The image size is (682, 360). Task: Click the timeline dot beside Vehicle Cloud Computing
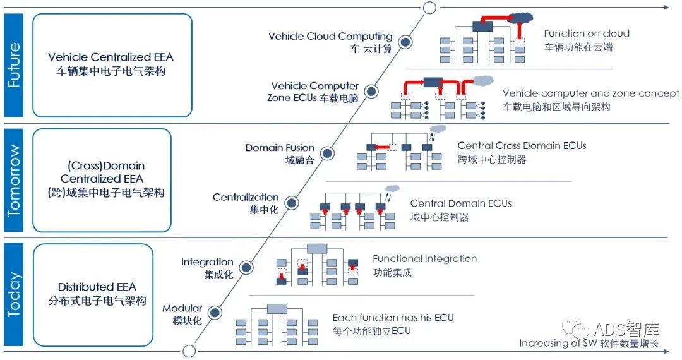click(x=407, y=42)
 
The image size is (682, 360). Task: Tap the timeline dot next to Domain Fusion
click(x=328, y=153)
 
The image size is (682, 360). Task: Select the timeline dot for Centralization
click(x=291, y=203)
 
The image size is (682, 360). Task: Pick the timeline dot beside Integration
click(x=246, y=267)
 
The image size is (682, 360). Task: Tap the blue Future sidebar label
click(x=13, y=65)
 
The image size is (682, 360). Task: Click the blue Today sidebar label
click(x=13, y=294)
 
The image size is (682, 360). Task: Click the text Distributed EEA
click(x=97, y=287)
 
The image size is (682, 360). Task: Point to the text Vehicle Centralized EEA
click(x=111, y=57)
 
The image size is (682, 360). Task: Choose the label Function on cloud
click(x=587, y=33)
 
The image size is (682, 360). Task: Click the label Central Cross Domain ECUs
click(x=522, y=146)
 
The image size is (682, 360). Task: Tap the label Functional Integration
click(x=424, y=259)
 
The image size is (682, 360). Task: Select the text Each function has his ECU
click(x=393, y=318)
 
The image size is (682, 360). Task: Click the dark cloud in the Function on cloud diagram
click(x=519, y=18)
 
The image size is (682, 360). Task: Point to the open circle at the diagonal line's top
click(x=429, y=8)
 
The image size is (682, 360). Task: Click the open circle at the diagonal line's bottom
click(x=188, y=351)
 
